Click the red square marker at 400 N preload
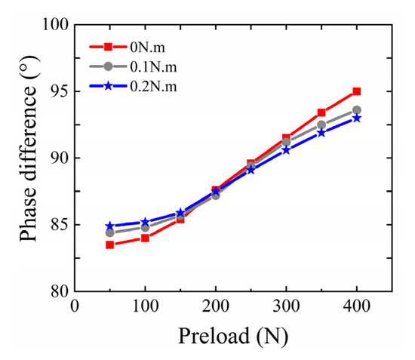pos(357,91)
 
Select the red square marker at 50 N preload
pos(109,245)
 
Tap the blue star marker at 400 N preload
pos(357,118)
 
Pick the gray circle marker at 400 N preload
pos(357,110)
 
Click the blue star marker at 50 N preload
pos(109,226)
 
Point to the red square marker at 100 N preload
pos(145,238)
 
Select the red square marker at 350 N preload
pos(321,112)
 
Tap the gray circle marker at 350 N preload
pos(321,125)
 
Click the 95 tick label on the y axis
pos(54,91)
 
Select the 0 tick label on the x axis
pos(74,306)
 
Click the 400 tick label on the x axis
pos(357,306)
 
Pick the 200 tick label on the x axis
pos(215,306)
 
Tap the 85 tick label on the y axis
pos(54,225)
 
